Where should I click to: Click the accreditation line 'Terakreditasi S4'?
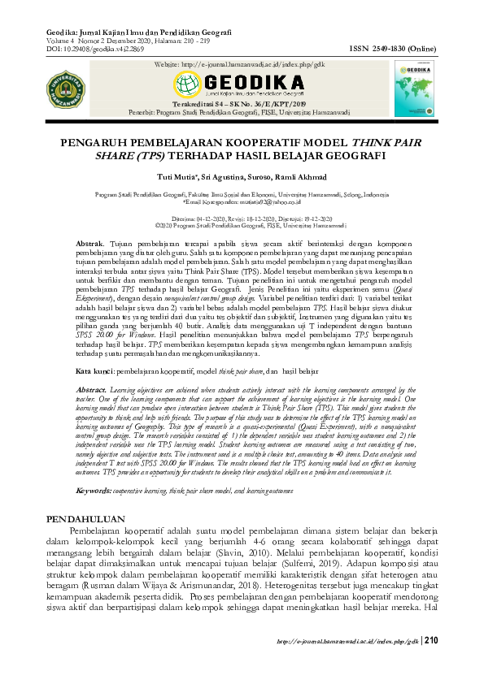coord(242,104)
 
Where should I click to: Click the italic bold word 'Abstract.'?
coord(91,390)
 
